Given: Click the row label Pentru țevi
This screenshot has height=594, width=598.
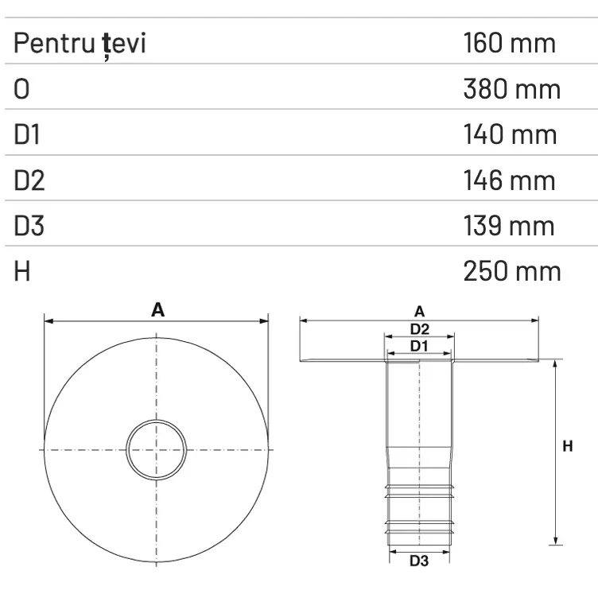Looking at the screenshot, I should tap(80, 43).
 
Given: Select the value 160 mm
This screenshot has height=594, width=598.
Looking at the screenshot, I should tap(509, 43).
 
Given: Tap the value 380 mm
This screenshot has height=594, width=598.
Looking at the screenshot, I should tap(511, 89).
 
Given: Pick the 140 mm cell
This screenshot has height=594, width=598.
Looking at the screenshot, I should tap(510, 134).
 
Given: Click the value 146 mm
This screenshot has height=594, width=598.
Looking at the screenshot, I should tap(510, 181).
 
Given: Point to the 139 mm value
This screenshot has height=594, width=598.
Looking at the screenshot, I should tap(510, 226).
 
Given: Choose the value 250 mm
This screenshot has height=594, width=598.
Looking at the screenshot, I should tap(511, 271).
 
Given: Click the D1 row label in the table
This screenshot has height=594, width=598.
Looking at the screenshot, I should tap(26, 134).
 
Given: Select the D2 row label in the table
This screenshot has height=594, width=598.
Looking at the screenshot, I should tap(29, 181).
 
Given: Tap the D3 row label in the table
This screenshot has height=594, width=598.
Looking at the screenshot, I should tap(29, 226).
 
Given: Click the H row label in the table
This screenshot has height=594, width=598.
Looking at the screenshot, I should tap(21, 271).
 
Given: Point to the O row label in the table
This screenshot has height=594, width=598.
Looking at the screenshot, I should tap(21, 89).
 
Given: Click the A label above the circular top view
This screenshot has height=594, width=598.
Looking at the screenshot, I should tap(157, 310).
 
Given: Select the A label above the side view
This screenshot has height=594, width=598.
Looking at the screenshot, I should tap(419, 311).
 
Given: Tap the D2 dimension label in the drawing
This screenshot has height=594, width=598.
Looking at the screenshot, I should tap(419, 328).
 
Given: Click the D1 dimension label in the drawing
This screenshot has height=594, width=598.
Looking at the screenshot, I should tap(419, 346).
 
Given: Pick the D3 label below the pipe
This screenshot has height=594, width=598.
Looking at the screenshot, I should tap(419, 561).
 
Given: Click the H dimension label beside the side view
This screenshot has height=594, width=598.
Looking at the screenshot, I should tap(567, 447).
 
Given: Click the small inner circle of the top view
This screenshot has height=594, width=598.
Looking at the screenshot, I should tap(157, 449).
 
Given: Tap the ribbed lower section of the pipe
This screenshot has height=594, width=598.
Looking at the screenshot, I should tap(419, 509).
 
